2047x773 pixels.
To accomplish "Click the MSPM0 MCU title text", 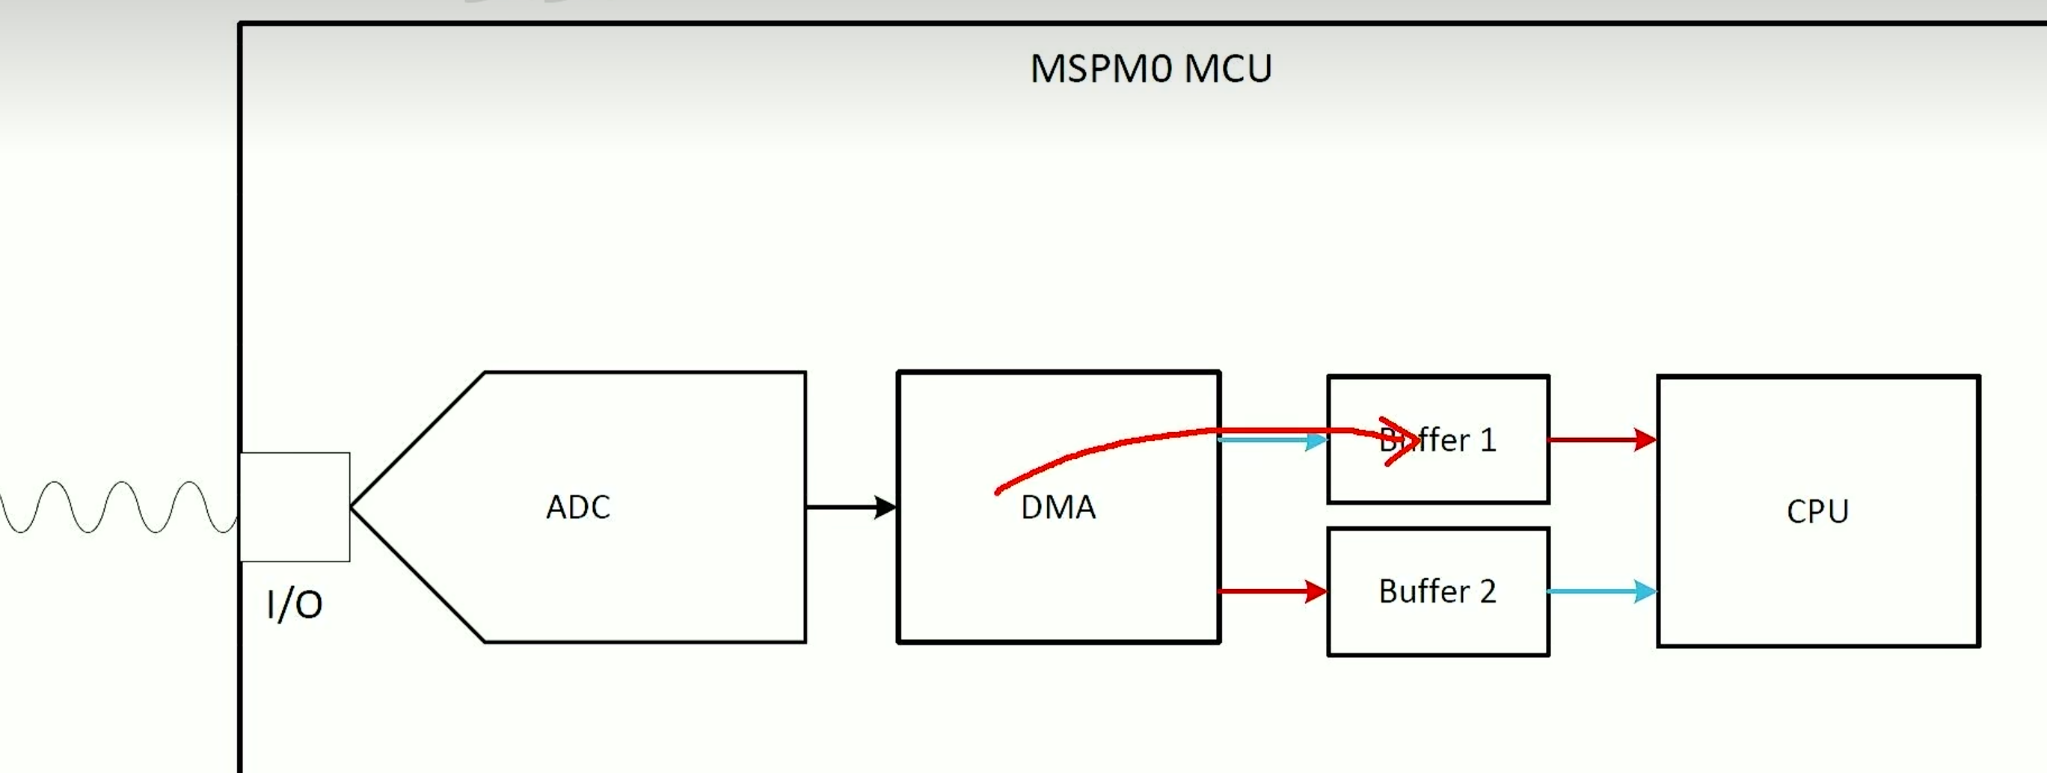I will point(1150,69).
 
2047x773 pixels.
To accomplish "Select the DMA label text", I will point(1058,508).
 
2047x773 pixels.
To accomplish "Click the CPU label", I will point(1817,511).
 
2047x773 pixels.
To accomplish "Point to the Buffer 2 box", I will point(1438,628).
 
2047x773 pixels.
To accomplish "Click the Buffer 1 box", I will point(1438,477).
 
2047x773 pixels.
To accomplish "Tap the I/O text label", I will point(294,606).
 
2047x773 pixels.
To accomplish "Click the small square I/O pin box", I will point(295,507).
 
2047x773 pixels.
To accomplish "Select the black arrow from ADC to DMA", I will point(850,507).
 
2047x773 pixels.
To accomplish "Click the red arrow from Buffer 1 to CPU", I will point(1601,440).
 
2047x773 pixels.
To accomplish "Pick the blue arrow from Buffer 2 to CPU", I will point(1601,591).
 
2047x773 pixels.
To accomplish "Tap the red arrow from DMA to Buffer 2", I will point(1271,591).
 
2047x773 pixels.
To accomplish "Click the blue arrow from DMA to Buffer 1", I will point(1271,440).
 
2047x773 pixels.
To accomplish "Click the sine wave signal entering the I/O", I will point(119,507).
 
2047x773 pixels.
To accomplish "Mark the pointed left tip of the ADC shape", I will point(353,507).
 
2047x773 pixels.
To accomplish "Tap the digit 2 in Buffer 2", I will point(1488,592).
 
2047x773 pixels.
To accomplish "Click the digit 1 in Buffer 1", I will point(1488,440).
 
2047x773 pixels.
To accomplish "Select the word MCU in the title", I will point(1228,69).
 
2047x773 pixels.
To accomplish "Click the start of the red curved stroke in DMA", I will point(998,493).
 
